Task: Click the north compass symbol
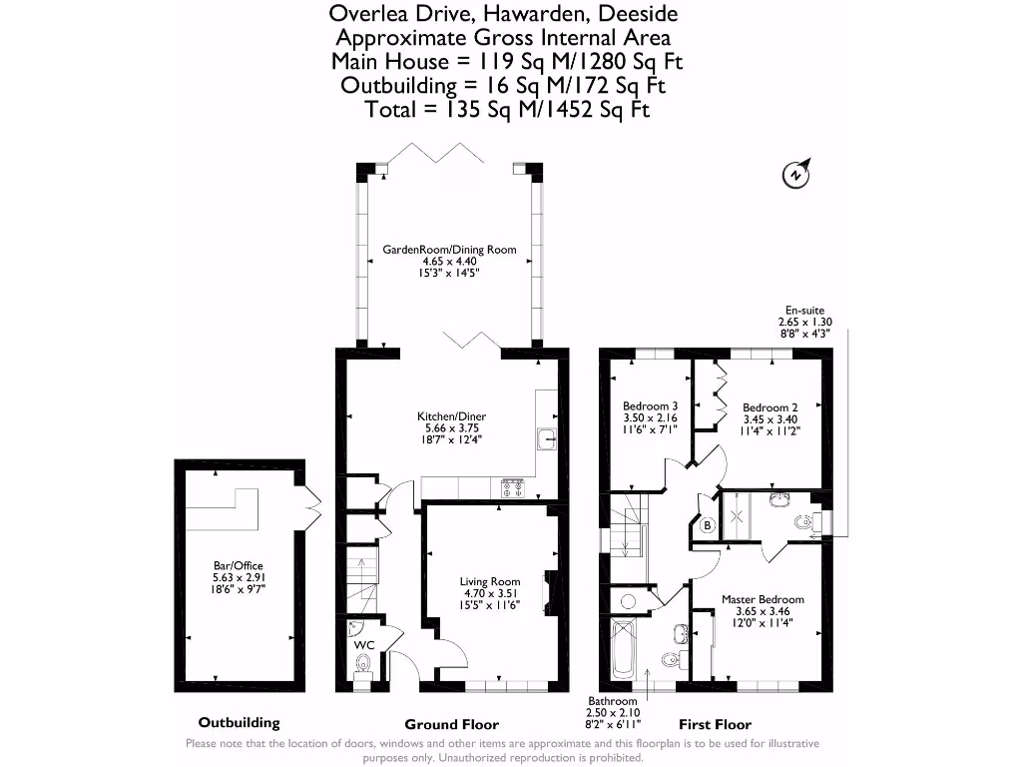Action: click(795, 174)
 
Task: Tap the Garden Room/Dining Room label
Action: click(450, 249)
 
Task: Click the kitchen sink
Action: click(546, 438)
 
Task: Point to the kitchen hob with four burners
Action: click(513, 487)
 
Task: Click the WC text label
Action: click(363, 645)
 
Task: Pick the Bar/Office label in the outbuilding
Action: click(239, 565)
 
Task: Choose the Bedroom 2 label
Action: click(769, 407)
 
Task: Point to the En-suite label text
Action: click(803, 311)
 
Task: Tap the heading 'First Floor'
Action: click(715, 724)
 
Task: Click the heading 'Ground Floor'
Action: click(451, 724)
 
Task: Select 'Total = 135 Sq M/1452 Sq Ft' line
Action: click(508, 110)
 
